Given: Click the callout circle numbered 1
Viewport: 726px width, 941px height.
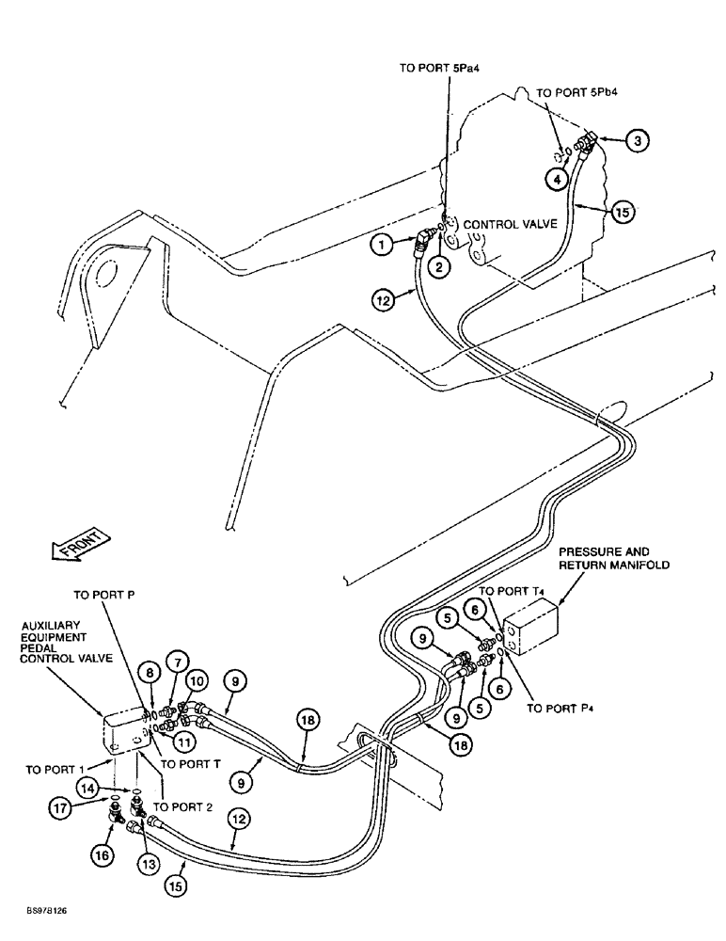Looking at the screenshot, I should click(382, 244).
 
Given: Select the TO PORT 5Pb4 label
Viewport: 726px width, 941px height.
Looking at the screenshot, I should click(575, 94).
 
